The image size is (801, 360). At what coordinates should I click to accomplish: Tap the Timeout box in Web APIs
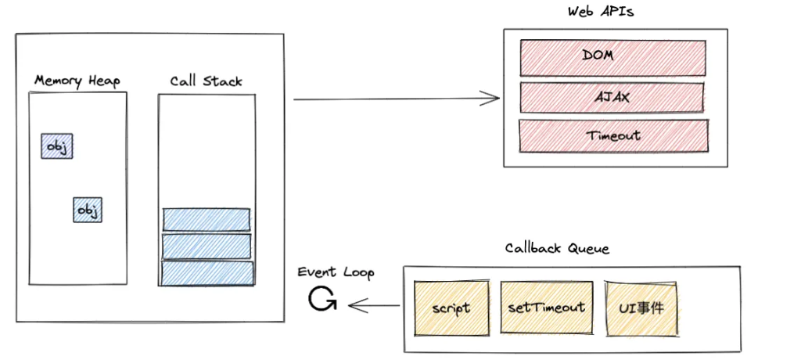(x=613, y=135)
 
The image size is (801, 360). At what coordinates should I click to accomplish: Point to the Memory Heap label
(x=77, y=81)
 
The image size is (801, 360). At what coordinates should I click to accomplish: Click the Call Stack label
(x=206, y=81)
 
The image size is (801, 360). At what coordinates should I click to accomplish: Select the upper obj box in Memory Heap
(x=57, y=146)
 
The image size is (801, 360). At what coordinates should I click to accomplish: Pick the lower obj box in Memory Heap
(x=88, y=210)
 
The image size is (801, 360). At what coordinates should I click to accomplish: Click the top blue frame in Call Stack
(x=206, y=220)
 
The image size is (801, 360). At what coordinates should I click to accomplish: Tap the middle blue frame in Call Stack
(x=206, y=247)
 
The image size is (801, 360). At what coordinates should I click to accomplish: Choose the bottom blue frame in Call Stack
(x=207, y=273)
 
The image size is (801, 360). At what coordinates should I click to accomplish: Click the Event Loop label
(x=336, y=272)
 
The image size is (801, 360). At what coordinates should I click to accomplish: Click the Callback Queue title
(x=557, y=249)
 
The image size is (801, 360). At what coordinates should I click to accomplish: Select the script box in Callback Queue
(x=451, y=307)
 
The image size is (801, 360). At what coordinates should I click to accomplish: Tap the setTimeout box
(x=545, y=307)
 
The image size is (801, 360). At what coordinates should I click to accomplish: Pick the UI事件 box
(x=640, y=307)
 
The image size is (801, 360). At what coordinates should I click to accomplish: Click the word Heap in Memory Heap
(x=104, y=81)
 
